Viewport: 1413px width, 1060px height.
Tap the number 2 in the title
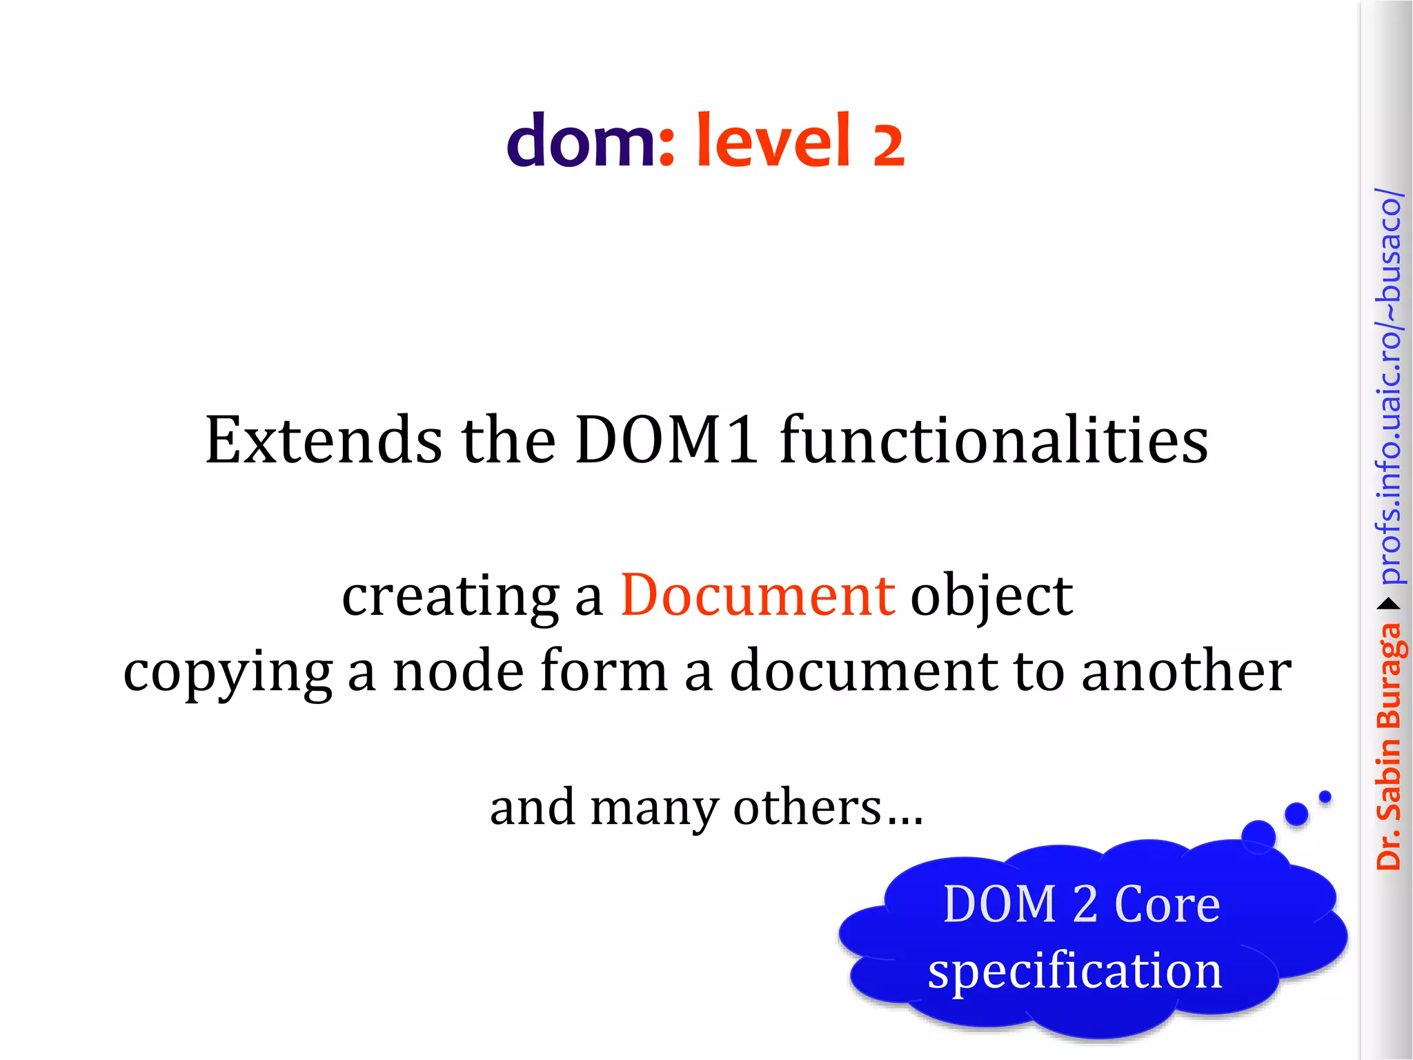coord(888,145)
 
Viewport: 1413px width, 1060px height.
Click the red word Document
coord(758,595)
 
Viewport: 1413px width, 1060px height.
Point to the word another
coord(1186,671)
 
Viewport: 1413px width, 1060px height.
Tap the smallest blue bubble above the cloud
coord(1325,797)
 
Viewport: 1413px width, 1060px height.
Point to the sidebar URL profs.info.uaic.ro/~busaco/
coord(1389,386)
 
